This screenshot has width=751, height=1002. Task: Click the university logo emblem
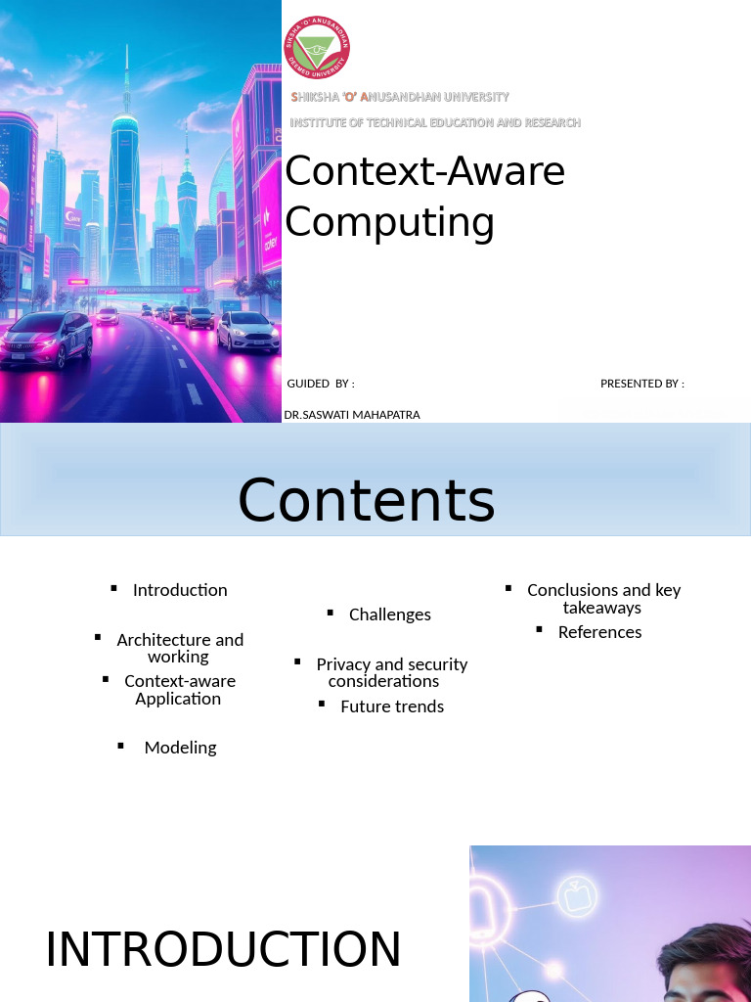point(317,47)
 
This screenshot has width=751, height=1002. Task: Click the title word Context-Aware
point(424,171)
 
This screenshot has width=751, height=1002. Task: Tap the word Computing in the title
point(389,221)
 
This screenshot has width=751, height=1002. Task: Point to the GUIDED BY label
point(321,384)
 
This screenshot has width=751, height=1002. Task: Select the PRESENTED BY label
point(641,384)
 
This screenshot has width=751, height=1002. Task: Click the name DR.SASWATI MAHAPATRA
point(352,415)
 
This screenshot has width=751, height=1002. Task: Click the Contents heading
point(366,500)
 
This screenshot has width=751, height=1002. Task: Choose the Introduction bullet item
point(180,590)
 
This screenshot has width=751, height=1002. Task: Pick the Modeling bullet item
point(180,748)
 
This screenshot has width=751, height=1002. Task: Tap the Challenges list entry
point(389,615)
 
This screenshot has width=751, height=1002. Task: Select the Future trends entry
point(391,706)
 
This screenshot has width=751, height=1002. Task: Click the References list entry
point(599,632)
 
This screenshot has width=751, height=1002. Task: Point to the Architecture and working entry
point(180,648)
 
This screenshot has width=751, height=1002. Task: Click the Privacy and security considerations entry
point(391,672)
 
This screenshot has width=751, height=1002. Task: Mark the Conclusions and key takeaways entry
point(603,598)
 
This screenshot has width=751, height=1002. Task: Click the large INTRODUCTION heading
point(223,950)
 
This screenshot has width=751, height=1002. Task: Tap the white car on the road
point(247,332)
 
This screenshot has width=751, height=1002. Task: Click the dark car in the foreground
point(47,340)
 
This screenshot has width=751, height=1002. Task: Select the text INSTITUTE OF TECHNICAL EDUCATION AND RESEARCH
point(435,122)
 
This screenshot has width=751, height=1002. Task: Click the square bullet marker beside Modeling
point(121,746)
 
